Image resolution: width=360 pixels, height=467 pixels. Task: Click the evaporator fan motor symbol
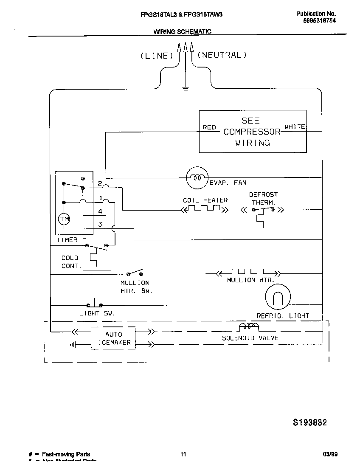pyautogui.click(x=197, y=177)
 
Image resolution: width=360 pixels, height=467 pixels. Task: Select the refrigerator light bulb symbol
pyautogui.click(x=278, y=297)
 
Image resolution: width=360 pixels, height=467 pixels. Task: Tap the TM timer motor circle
pyautogui.click(x=64, y=219)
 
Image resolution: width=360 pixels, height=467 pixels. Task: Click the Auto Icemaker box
pyautogui.click(x=113, y=338)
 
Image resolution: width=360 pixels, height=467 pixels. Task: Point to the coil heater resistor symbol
pyautogui.click(x=204, y=209)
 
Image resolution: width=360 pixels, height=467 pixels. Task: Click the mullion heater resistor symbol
pyautogui.click(x=247, y=272)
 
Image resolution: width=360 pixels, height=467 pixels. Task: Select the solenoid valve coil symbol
pyautogui.click(x=249, y=327)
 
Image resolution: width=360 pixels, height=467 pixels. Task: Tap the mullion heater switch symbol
pyautogui.click(x=135, y=273)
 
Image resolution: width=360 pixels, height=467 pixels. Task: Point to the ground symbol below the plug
pyautogui.click(x=185, y=89)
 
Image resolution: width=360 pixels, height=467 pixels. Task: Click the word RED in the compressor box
pyautogui.click(x=209, y=127)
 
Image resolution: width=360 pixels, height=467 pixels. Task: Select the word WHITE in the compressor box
pyautogui.click(x=295, y=127)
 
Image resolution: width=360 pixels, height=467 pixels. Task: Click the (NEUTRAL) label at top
pyautogui.click(x=221, y=55)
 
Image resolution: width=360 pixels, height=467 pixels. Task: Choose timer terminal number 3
pyautogui.click(x=100, y=224)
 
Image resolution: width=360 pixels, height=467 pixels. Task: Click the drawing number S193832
pyautogui.click(x=310, y=422)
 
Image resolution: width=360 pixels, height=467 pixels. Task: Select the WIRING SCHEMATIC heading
pyautogui.click(x=182, y=31)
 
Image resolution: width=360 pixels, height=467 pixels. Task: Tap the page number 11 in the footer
pyautogui.click(x=183, y=454)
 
